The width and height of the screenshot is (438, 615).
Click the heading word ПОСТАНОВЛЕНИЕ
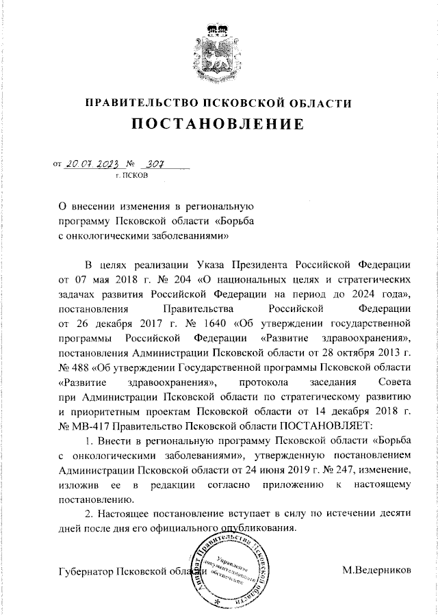pos(218,125)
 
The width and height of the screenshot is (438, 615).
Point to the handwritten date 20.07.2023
pos(90,164)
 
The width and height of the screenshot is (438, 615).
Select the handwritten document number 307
pos(155,164)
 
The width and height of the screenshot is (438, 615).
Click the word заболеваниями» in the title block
pos(183,234)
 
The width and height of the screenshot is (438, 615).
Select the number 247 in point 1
pos(350,470)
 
